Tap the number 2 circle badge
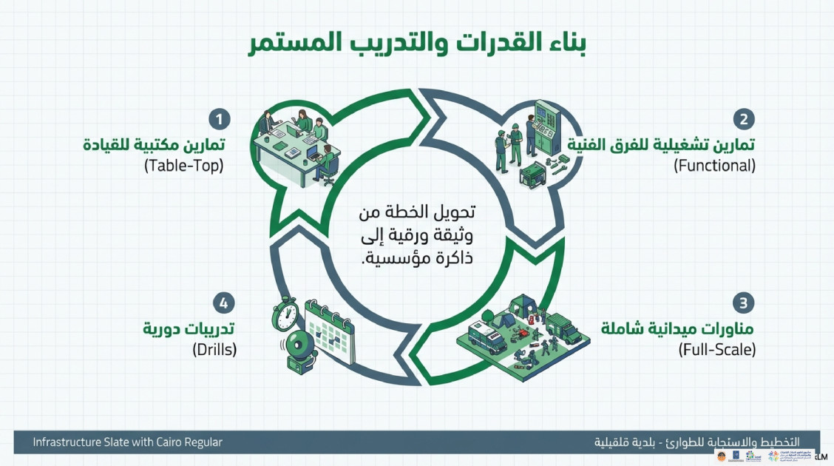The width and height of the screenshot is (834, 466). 744,119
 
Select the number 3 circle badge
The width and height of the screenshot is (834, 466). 744,303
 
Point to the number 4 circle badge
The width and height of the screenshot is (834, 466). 224,303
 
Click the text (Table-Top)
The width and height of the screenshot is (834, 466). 184,166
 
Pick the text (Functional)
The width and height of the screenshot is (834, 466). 714,166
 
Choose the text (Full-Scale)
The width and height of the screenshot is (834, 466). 716,350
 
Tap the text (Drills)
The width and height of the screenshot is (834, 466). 214,350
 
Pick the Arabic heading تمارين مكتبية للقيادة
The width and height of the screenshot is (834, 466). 155,143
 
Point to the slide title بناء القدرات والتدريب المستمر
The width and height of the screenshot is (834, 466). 416,43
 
